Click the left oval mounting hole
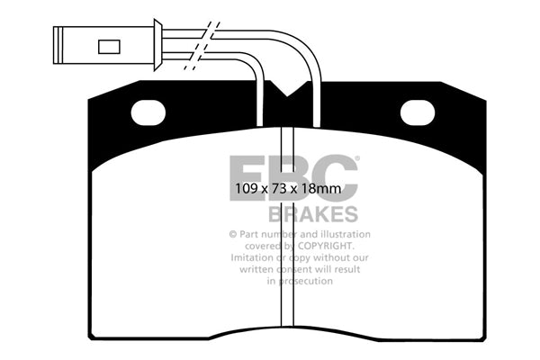click(x=148, y=112)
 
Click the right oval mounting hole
click(x=417, y=112)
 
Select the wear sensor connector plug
click(x=103, y=45)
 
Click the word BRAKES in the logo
click(x=312, y=214)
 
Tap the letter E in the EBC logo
click(x=247, y=177)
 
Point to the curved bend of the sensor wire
click(x=306, y=49)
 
